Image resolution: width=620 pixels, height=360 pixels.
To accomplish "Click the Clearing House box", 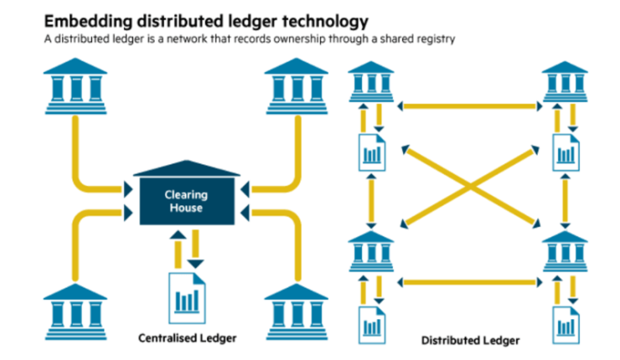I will click(x=185, y=200).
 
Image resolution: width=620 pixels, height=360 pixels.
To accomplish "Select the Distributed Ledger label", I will click(x=470, y=340).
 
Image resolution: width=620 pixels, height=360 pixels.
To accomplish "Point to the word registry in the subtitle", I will click(x=431, y=39).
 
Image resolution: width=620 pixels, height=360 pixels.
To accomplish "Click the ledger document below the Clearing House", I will click(x=188, y=297).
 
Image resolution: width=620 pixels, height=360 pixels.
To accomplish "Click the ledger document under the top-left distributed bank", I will click(x=370, y=152).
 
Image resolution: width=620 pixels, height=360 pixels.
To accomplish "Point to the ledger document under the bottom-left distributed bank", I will click(x=370, y=323).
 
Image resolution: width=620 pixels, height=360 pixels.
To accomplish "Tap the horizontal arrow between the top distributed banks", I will click(x=468, y=106).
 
